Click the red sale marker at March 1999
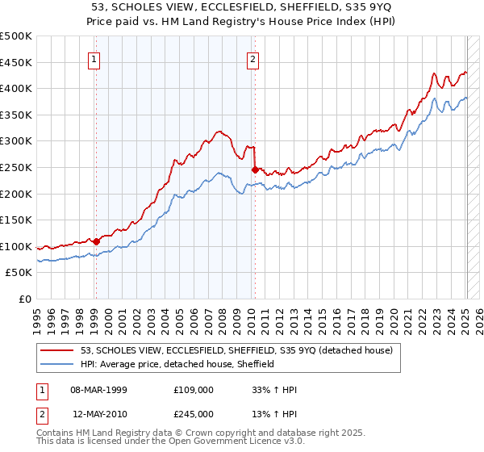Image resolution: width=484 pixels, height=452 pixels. coord(96,241)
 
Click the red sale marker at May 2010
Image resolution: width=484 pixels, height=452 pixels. coord(255,169)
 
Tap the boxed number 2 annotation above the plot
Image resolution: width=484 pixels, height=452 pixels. coord(253,59)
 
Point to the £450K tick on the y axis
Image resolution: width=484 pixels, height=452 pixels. coord(16,63)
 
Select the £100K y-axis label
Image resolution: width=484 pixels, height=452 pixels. coord(16,247)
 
